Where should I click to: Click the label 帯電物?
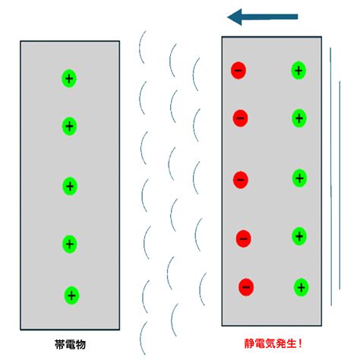pyautogui.click(x=70, y=345)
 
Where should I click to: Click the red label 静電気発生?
pyautogui.click(x=273, y=343)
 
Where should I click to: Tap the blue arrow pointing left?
pyautogui.click(x=263, y=17)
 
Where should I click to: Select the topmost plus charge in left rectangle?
pyautogui.click(x=69, y=78)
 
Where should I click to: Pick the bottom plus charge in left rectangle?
pyautogui.click(x=71, y=295)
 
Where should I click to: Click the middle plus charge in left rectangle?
pyautogui.click(x=70, y=186)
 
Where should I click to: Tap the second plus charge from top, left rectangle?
pyautogui.click(x=69, y=126)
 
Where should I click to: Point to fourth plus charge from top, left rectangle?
pyautogui.click(x=70, y=244)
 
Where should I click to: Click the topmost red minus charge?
pyautogui.click(x=238, y=71)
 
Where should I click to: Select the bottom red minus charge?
pyautogui.click(x=246, y=287)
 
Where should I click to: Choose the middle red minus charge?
pyautogui.click(x=241, y=180)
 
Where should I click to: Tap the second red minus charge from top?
pyautogui.click(x=240, y=118)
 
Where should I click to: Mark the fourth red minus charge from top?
pyautogui.click(x=244, y=238)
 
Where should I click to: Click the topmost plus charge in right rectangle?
pyautogui.click(x=298, y=71)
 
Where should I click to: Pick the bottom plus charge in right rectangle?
pyautogui.click(x=302, y=287)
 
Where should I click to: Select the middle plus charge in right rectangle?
pyautogui.click(x=300, y=178)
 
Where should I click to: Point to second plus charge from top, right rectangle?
pyautogui.click(x=299, y=118)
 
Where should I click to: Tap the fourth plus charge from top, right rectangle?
pyautogui.click(x=299, y=236)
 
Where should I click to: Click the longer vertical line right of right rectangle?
pyautogui.click(x=330, y=176)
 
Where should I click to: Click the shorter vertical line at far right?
pyautogui.click(x=339, y=185)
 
